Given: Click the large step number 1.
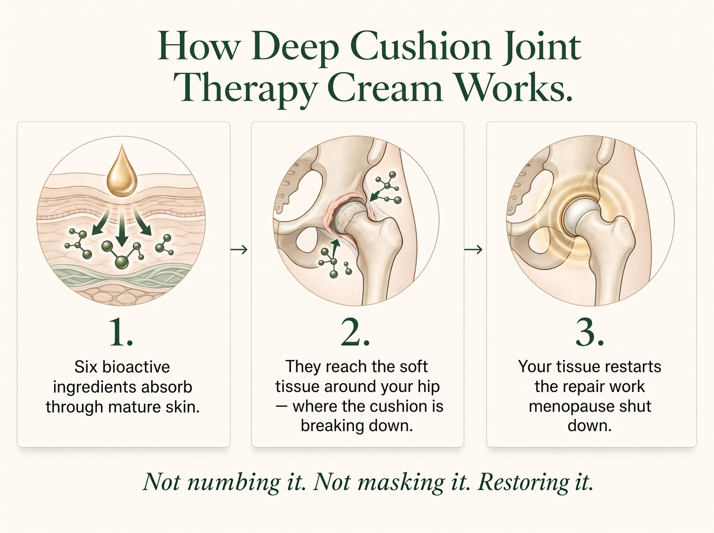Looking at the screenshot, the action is [x=121, y=332].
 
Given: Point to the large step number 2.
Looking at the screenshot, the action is [x=355, y=332].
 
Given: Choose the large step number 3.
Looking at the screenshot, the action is [x=590, y=332].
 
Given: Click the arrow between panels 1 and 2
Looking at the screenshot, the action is [x=239, y=249].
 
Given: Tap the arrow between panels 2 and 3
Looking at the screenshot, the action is [x=473, y=249].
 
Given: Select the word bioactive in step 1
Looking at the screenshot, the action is [x=136, y=367].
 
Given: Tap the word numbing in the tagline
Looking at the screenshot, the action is [x=234, y=482].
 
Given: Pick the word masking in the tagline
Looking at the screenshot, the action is [x=400, y=482].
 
